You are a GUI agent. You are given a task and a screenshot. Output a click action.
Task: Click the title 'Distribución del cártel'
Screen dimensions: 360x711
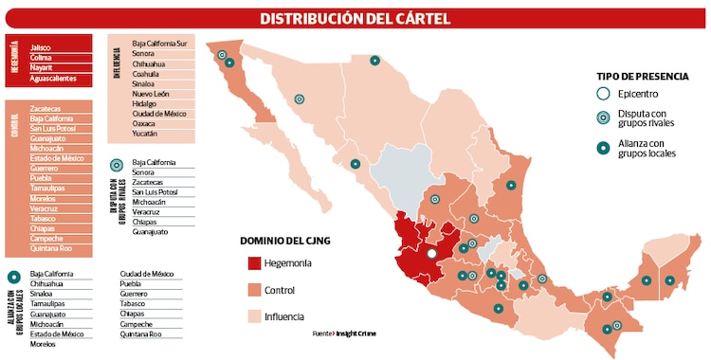point(355,18)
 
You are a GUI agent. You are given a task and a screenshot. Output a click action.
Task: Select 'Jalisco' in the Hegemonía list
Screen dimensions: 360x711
point(41,46)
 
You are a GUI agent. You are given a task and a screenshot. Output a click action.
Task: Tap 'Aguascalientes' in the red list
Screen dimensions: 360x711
point(54,79)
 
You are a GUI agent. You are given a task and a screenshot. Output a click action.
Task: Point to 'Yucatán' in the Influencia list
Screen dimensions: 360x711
point(145,134)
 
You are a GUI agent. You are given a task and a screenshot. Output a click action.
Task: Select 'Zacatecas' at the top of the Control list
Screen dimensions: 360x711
point(46,108)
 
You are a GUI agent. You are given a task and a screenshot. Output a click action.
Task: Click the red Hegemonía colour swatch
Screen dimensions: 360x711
point(255,262)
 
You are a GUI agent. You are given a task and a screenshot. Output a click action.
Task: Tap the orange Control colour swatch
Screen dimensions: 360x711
point(255,290)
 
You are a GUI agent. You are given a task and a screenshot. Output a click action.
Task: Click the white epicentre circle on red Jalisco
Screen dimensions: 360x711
point(431,254)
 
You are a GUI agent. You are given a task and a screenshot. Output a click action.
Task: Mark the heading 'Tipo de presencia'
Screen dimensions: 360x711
point(640,76)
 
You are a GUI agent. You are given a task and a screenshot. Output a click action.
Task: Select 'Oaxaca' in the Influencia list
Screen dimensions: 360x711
point(145,123)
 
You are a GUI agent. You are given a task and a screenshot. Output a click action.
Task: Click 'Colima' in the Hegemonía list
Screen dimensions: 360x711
point(41,57)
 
